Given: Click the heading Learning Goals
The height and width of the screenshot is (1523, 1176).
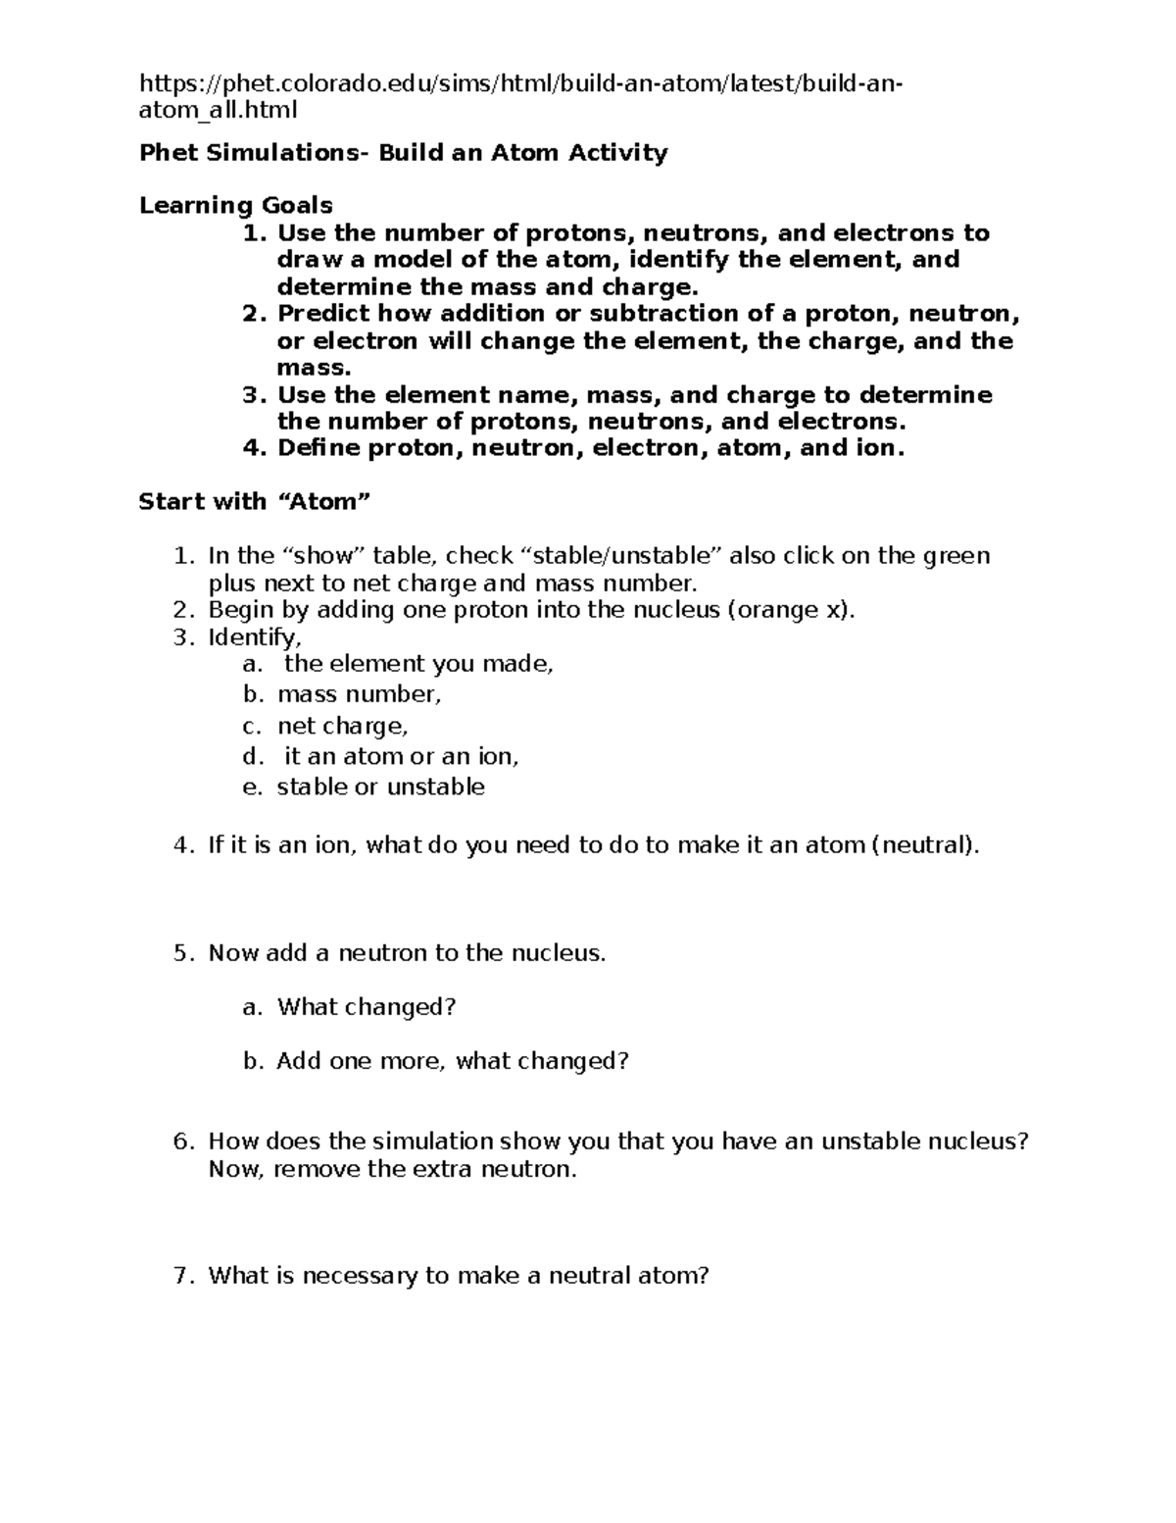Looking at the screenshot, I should [235, 206].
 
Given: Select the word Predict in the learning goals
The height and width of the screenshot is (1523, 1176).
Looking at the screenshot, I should [323, 314].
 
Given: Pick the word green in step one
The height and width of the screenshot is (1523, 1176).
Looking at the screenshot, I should [956, 556].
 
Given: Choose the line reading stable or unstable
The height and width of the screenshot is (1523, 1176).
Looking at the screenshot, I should [380, 787].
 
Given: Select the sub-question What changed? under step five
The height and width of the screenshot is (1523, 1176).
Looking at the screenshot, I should [367, 1007].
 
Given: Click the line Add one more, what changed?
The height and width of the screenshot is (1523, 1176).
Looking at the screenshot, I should [452, 1061].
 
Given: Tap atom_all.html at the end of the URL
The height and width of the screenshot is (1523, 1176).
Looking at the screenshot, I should [218, 110].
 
